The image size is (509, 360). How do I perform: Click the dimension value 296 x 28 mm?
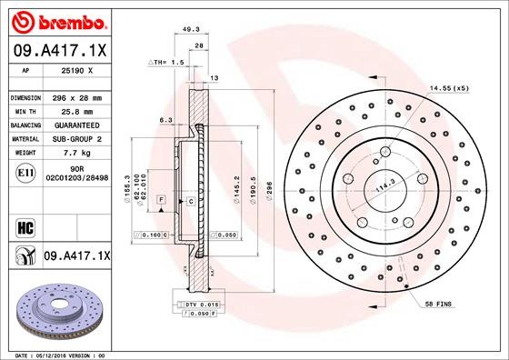(78, 96)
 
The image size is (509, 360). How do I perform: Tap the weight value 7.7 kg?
(70, 154)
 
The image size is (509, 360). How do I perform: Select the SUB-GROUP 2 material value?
(76, 138)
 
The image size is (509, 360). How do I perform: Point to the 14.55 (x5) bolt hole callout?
(449, 88)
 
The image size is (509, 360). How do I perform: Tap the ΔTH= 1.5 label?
(167, 63)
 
